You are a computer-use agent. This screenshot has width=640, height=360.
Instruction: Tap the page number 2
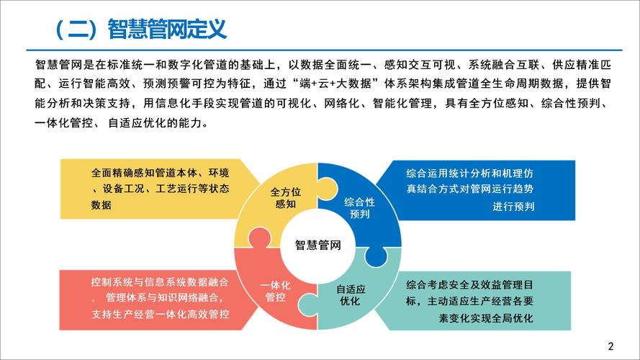[x=611, y=343]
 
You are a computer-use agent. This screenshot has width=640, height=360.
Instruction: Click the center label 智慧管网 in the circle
[x=317, y=244]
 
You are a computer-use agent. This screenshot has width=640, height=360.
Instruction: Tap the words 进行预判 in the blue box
[x=513, y=207]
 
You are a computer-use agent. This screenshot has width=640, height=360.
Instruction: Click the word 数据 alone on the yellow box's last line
[x=102, y=205]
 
